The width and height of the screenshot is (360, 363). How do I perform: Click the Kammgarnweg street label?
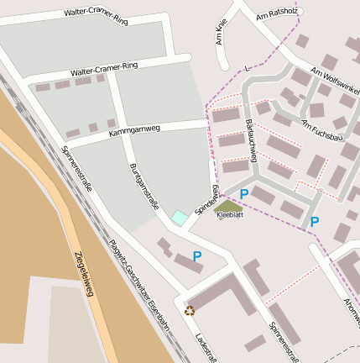[x=133, y=131]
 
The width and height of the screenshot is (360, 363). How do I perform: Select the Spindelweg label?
[x=207, y=198]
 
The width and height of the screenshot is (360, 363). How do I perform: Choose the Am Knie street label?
[x=221, y=33]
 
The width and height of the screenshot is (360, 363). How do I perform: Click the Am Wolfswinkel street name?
[x=335, y=83]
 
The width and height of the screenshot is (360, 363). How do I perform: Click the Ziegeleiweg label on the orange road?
[x=84, y=273]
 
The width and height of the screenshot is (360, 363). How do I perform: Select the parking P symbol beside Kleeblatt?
[x=244, y=195]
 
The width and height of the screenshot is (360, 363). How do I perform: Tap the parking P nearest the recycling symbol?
[x=197, y=256]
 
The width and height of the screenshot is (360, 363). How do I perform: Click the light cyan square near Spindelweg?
[x=179, y=218]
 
